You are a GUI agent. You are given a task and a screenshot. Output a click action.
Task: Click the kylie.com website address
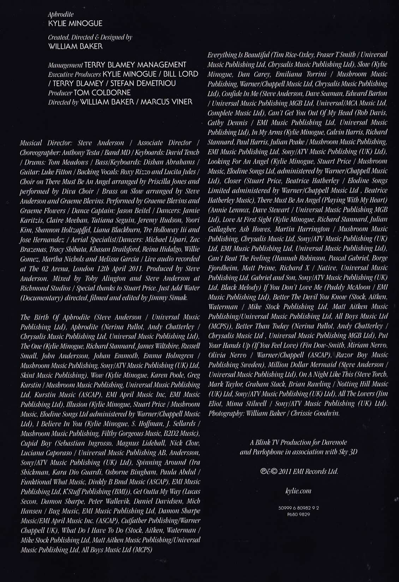point(298,491)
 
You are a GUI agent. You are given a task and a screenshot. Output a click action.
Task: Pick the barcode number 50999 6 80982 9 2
point(298,508)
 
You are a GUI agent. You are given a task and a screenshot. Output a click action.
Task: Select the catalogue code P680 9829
point(298,514)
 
